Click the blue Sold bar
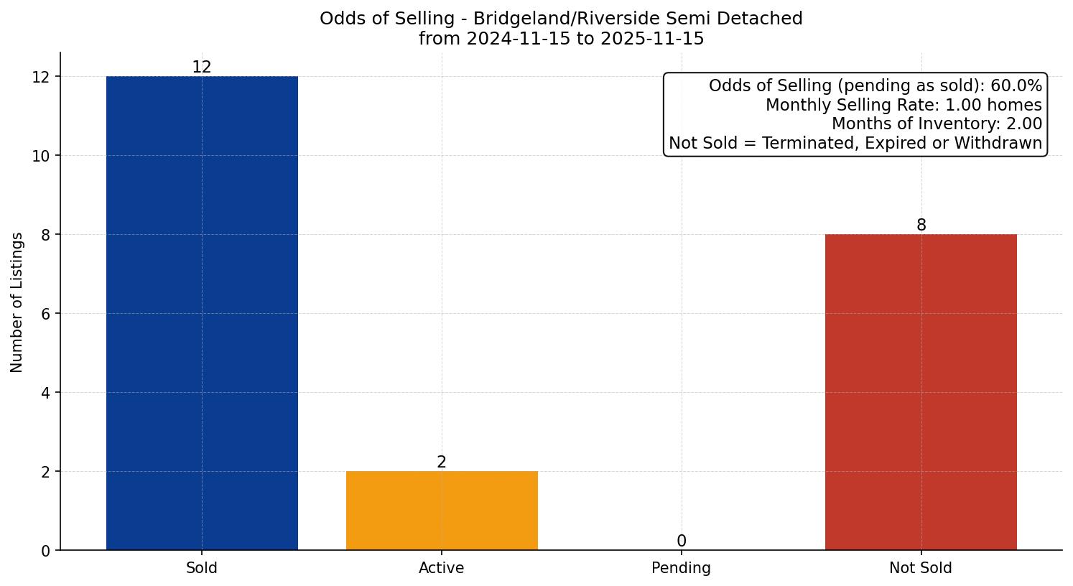pyautogui.click(x=202, y=313)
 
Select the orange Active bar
pyautogui.click(x=442, y=511)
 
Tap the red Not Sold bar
pyautogui.click(x=921, y=392)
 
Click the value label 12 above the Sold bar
pyautogui.click(x=202, y=68)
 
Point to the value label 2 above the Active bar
pyautogui.click(x=442, y=462)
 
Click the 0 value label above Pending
pyautogui.click(x=681, y=541)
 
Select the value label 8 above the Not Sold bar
pyautogui.click(x=921, y=225)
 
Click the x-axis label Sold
pyautogui.click(x=202, y=568)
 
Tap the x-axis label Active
pyautogui.click(x=442, y=568)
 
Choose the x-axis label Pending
pyautogui.click(x=681, y=568)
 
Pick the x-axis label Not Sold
pyautogui.click(x=921, y=568)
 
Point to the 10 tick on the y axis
pyautogui.click(x=42, y=156)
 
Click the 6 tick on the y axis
pyautogui.click(x=46, y=314)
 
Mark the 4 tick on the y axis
pyautogui.click(x=46, y=393)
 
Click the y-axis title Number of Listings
pyautogui.click(x=17, y=302)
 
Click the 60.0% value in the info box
pyautogui.click(x=1016, y=86)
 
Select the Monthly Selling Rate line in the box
pyautogui.click(x=904, y=106)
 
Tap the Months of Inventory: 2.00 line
pyautogui.click(x=937, y=124)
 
